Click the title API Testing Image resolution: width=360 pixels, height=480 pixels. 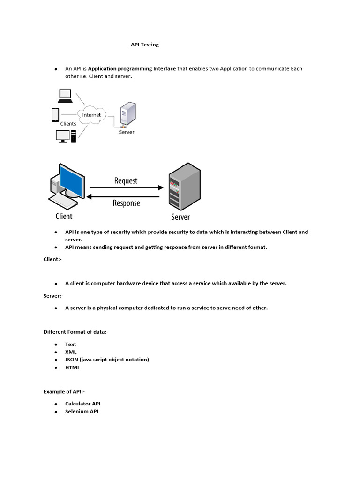(144, 45)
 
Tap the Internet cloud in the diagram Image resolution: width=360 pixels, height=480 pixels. (91, 115)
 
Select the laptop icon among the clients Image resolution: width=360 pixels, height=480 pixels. (65, 96)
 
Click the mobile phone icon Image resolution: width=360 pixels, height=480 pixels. (55, 114)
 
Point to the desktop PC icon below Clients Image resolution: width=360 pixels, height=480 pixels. (65, 135)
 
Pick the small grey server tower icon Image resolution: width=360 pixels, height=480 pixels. (127, 115)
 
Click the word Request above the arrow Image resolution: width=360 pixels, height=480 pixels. (126, 180)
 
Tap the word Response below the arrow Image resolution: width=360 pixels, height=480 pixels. (126, 203)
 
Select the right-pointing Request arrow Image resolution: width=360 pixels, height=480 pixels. (126, 187)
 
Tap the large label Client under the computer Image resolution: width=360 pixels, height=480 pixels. (64, 216)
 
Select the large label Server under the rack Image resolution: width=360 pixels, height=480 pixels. (180, 217)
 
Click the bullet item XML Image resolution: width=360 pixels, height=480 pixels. (71, 352)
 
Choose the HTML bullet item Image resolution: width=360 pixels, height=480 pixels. (73, 367)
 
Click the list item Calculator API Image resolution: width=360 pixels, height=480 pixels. (82, 404)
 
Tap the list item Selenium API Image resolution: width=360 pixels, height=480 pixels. (82, 412)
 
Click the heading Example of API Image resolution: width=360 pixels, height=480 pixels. (64, 391)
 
